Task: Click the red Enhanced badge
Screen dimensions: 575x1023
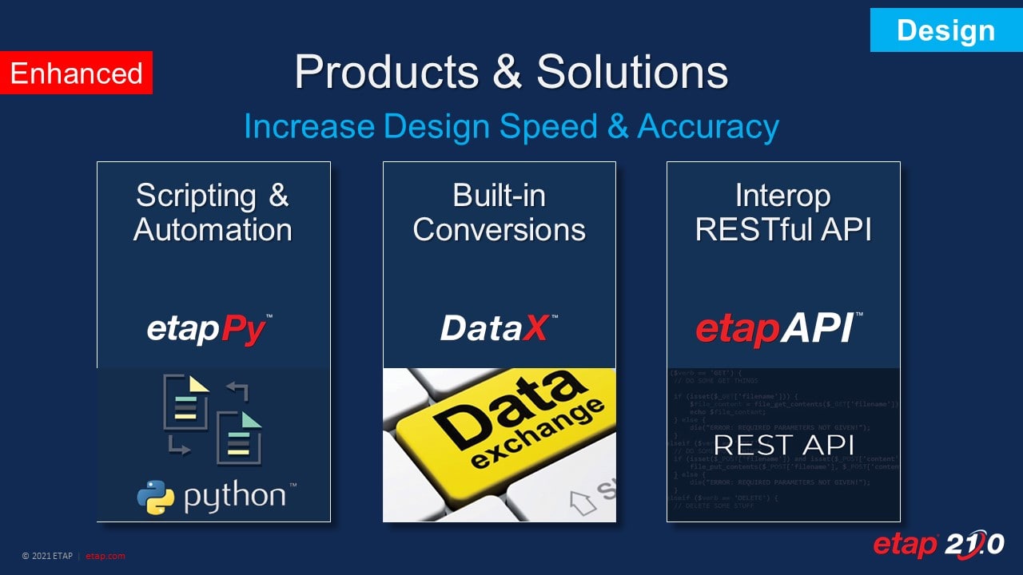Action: click(76, 73)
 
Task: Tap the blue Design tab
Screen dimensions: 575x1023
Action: click(945, 30)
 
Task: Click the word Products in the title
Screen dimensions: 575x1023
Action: click(386, 72)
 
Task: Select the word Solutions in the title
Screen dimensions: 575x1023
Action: click(632, 72)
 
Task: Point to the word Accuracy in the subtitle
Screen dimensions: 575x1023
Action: click(707, 126)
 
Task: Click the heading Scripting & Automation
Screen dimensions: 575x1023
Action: click(213, 212)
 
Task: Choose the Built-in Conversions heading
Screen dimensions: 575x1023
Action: click(499, 212)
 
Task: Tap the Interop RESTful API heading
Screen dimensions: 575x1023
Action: click(783, 212)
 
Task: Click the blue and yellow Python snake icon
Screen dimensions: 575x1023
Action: click(155, 497)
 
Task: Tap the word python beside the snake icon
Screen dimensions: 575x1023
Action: click(234, 496)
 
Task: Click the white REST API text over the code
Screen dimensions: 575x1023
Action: click(783, 445)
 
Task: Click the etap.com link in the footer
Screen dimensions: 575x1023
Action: click(105, 556)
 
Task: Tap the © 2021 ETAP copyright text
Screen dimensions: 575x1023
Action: click(48, 556)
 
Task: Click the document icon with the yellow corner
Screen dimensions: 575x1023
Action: click(185, 404)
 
